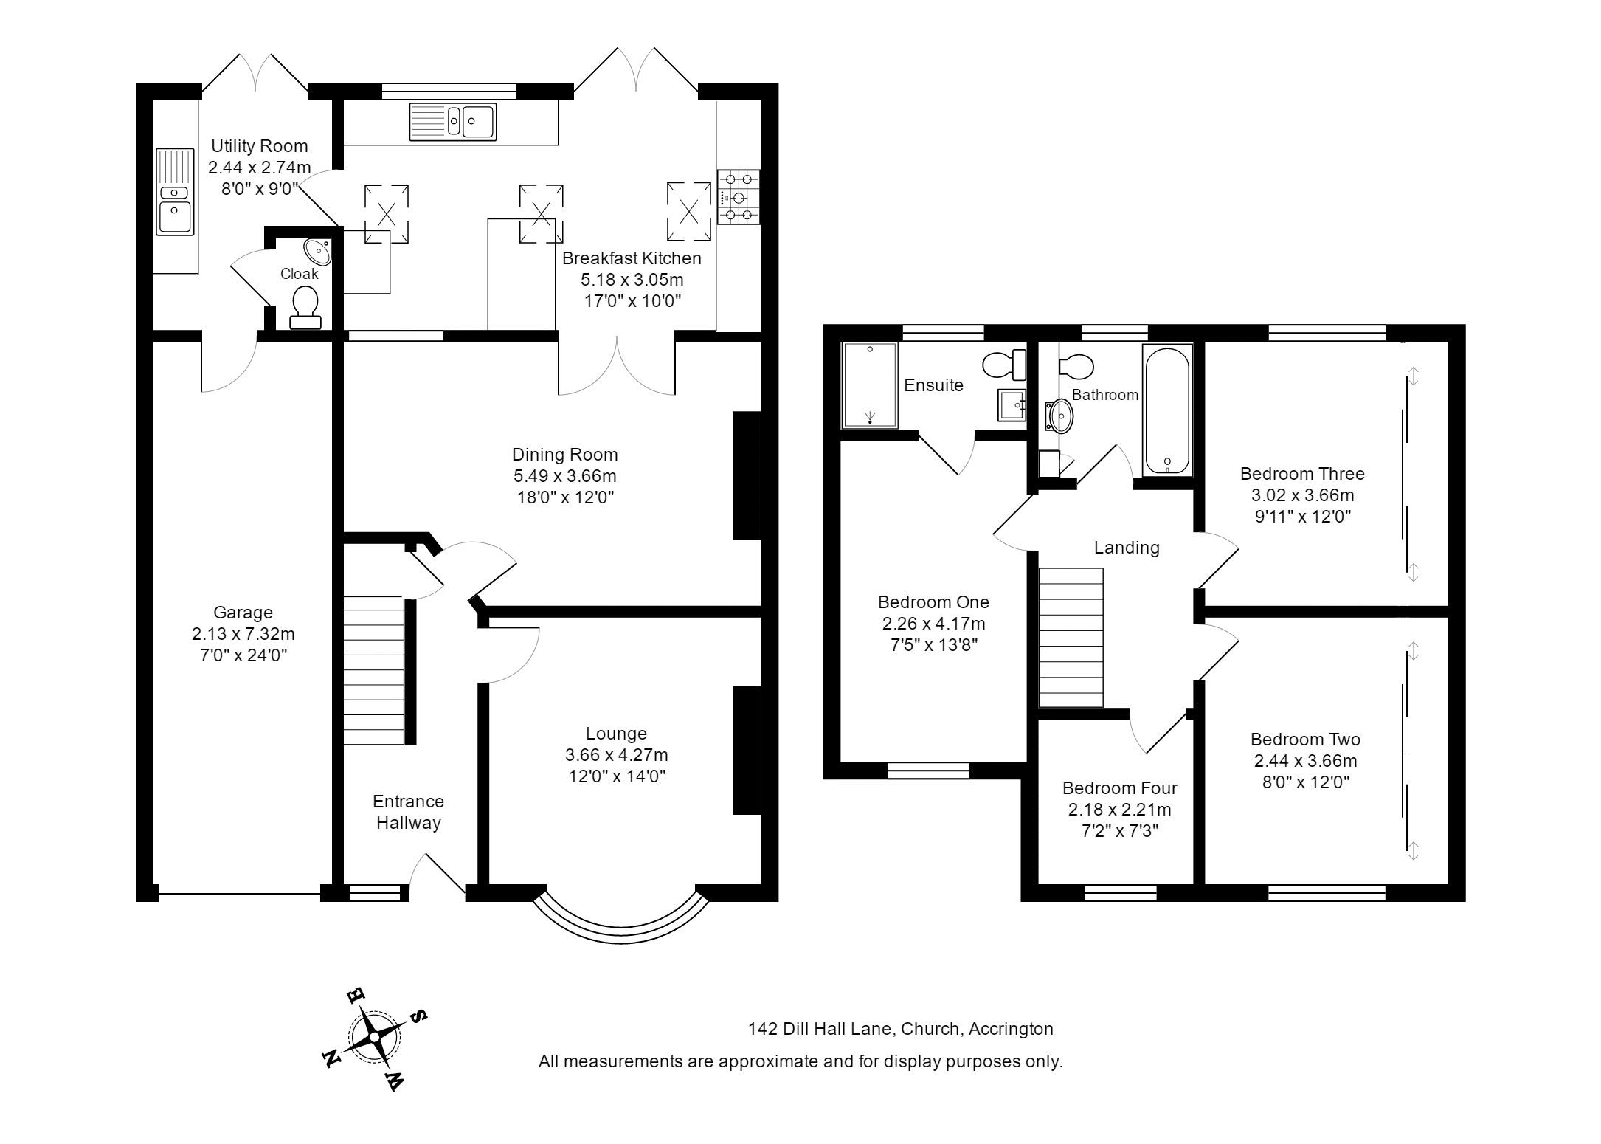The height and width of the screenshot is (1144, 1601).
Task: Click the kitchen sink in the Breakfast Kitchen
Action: tap(453, 122)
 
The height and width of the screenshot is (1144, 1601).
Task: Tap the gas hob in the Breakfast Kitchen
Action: tap(739, 197)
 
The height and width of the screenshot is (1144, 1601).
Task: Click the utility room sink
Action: tap(175, 192)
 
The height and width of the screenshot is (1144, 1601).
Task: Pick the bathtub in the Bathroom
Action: tap(1167, 410)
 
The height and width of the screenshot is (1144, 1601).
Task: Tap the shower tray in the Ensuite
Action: tap(870, 385)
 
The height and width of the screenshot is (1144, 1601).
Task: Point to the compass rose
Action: tap(375, 1037)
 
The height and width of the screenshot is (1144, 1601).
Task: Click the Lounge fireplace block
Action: tap(747, 750)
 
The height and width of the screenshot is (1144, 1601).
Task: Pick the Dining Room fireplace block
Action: tap(747, 475)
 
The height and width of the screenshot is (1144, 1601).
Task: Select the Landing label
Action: tap(1127, 548)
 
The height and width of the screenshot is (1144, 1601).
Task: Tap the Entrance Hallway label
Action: tap(408, 812)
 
